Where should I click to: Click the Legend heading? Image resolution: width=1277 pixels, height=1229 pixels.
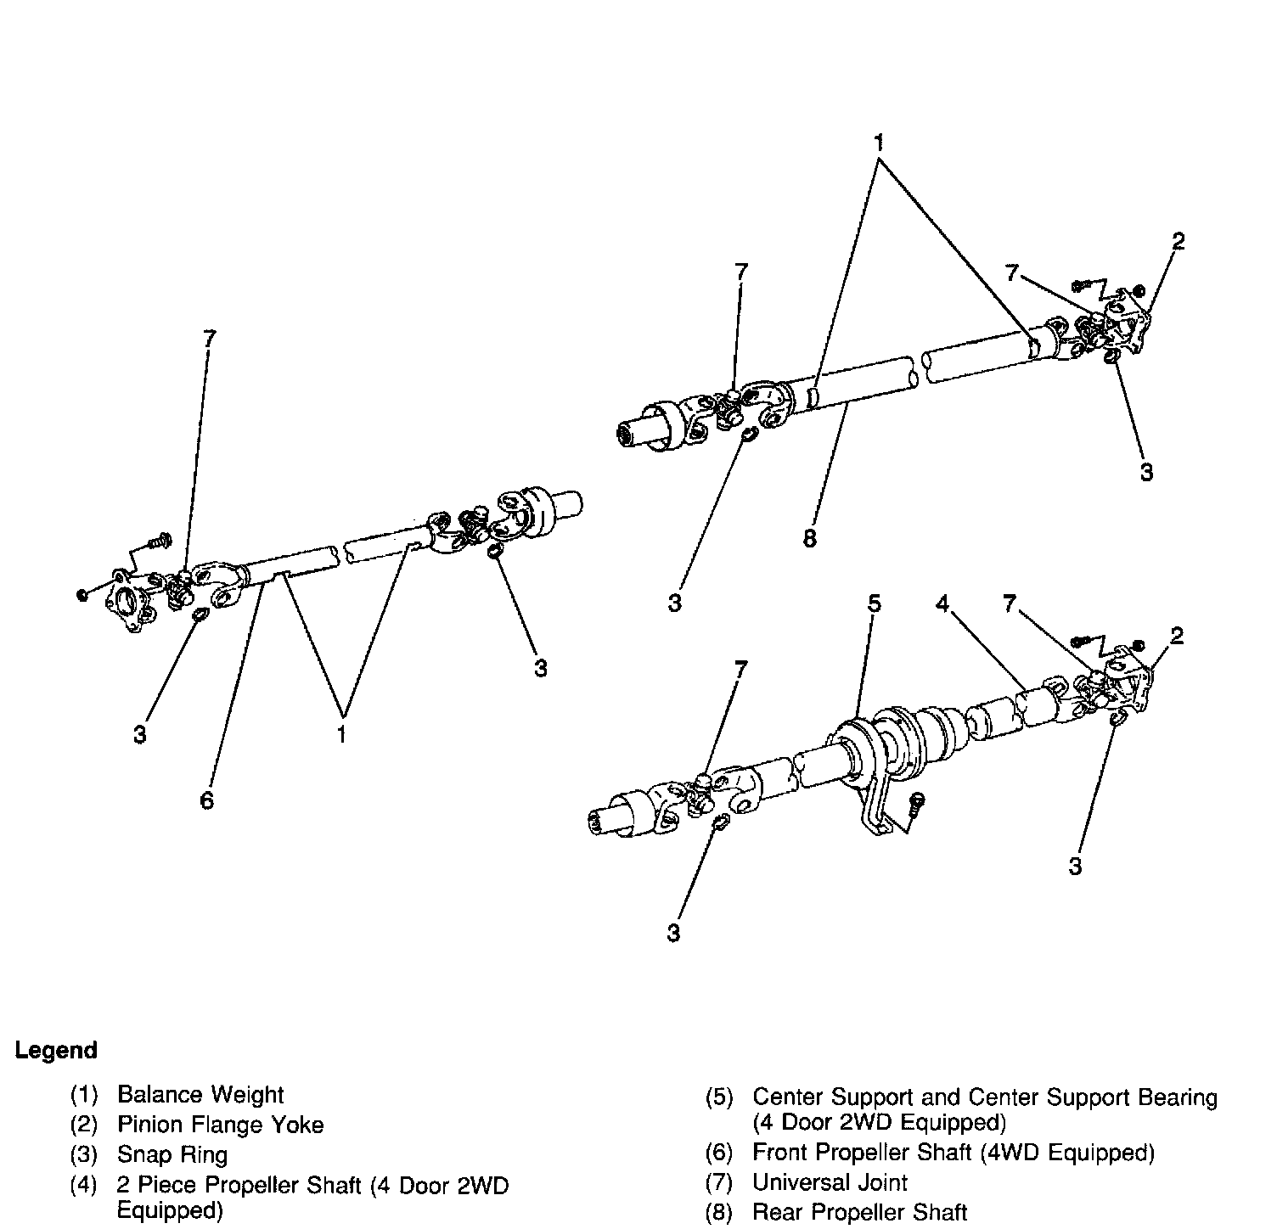56,1051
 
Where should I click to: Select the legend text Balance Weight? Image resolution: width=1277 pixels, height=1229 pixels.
200,1095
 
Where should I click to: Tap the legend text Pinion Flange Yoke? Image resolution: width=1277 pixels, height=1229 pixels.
221,1125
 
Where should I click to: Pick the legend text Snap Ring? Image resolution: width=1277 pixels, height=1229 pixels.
172,1155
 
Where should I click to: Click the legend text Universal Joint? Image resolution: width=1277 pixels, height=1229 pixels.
830,1182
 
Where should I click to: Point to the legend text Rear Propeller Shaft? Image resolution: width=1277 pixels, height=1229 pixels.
859,1213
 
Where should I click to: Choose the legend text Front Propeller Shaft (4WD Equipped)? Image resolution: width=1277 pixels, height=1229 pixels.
954,1153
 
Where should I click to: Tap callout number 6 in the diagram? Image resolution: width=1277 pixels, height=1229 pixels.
207,800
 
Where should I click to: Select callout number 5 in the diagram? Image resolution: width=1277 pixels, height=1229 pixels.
874,603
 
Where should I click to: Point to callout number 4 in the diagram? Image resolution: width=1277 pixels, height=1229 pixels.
942,603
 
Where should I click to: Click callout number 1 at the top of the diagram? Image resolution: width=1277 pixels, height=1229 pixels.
880,142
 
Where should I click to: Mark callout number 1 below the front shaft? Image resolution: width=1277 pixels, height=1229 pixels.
341,734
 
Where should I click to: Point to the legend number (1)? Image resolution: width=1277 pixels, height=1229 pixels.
84,1095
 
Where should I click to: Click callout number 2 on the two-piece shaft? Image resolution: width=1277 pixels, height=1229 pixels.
1177,636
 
